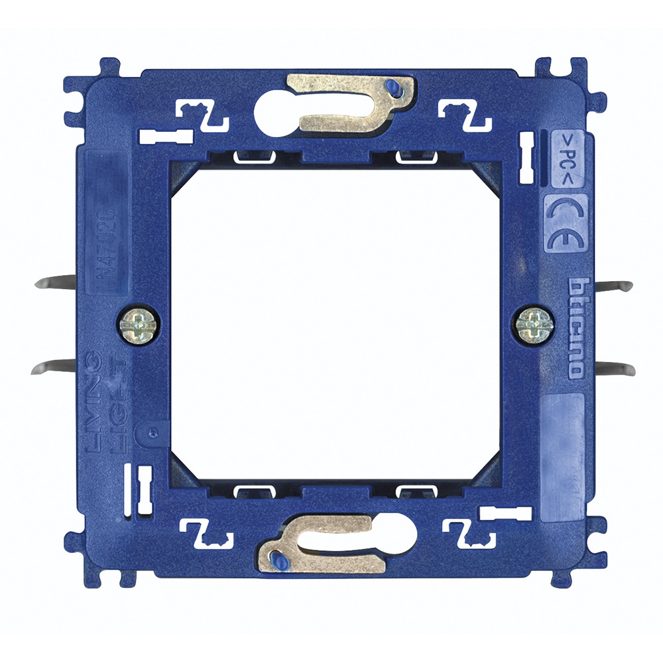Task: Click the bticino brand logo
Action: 576,328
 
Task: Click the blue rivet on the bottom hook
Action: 278,563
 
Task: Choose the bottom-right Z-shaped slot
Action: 469,531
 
